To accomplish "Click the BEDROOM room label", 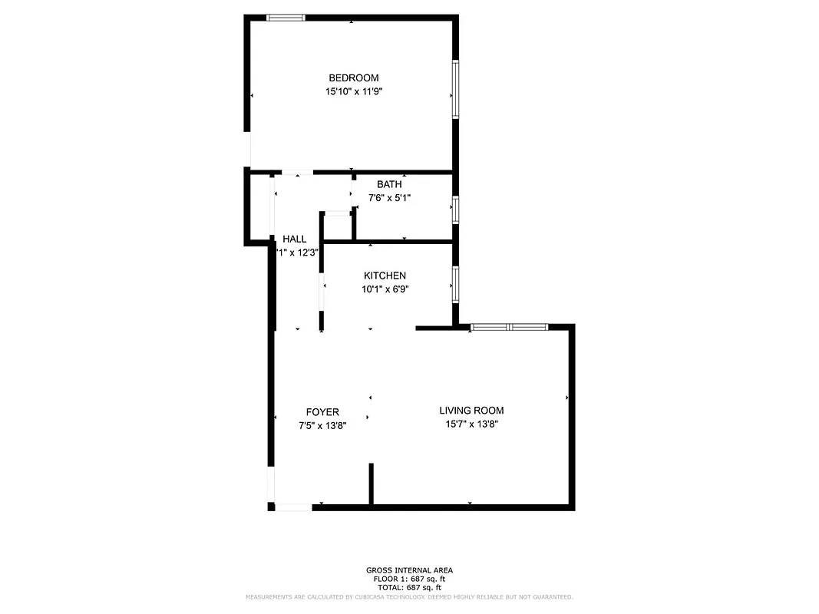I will pyautogui.click(x=353, y=78).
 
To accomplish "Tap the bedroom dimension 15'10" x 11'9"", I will pyautogui.click(x=353, y=91).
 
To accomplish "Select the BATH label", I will pyautogui.click(x=389, y=184).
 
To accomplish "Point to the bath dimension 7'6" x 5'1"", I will pyautogui.click(x=389, y=197).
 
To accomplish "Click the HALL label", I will pyautogui.click(x=294, y=239).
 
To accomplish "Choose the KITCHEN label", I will pyautogui.click(x=385, y=276).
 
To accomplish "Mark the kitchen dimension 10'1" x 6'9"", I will pyautogui.click(x=385, y=289).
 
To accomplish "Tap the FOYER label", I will pyautogui.click(x=322, y=412).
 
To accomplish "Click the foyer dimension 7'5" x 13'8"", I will pyautogui.click(x=322, y=425).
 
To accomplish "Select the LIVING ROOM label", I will pyautogui.click(x=471, y=411).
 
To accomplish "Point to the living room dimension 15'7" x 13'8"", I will pyautogui.click(x=471, y=424).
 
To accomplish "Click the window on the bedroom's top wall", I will pyautogui.click(x=286, y=18).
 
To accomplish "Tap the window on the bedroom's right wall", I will pyautogui.click(x=455, y=89).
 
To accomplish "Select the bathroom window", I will pyautogui.click(x=455, y=210).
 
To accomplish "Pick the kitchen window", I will pyautogui.click(x=455, y=283).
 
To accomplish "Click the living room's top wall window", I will pyautogui.click(x=509, y=328).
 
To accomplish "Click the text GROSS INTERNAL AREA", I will pyautogui.click(x=409, y=570).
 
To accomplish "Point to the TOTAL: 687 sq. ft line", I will pyautogui.click(x=409, y=587).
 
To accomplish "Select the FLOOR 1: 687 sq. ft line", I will pyautogui.click(x=409, y=579).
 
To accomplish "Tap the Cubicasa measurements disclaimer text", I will pyautogui.click(x=409, y=596).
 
